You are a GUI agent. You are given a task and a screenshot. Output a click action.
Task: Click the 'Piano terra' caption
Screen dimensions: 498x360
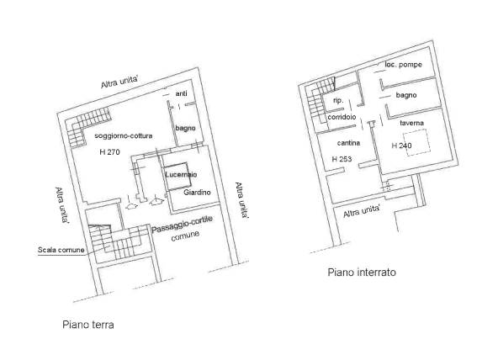[88, 325]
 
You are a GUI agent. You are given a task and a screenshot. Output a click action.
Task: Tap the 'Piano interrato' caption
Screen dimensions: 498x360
[362, 273]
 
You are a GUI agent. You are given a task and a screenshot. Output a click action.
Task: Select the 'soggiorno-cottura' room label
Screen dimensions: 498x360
[123, 136]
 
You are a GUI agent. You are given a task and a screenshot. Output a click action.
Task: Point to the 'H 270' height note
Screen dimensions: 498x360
[109, 152]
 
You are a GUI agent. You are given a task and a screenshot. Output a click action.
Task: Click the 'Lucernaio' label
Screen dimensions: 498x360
[181, 174]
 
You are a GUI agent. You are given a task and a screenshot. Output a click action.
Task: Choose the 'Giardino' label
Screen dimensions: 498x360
[197, 192]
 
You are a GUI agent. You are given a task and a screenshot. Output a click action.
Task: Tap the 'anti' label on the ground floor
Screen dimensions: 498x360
[182, 93]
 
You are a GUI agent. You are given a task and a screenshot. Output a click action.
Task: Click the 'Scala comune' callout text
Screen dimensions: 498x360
[61, 250]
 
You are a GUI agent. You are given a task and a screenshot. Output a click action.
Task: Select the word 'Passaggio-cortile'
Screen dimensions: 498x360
[182, 225]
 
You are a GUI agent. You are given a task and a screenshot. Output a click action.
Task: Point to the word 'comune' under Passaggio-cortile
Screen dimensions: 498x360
[185, 236]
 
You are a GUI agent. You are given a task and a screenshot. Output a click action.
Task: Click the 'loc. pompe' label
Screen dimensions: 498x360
[403, 65]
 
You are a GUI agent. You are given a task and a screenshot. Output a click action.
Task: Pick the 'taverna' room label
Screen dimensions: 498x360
[411, 123]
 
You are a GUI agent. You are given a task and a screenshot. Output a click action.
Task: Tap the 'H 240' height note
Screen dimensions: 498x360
[401, 146]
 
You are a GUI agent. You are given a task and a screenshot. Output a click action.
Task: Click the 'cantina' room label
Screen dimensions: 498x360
[348, 143]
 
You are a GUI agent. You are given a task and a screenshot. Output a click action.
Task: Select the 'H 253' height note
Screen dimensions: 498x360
[342, 159]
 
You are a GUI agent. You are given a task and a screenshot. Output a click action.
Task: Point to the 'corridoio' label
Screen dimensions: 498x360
[342, 117]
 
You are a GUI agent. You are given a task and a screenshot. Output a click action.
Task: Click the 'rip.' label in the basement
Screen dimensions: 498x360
[338, 101]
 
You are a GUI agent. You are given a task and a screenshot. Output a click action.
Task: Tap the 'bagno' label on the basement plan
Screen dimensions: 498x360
[406, 95]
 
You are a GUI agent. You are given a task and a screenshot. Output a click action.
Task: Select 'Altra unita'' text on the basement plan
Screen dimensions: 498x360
[362, 211]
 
